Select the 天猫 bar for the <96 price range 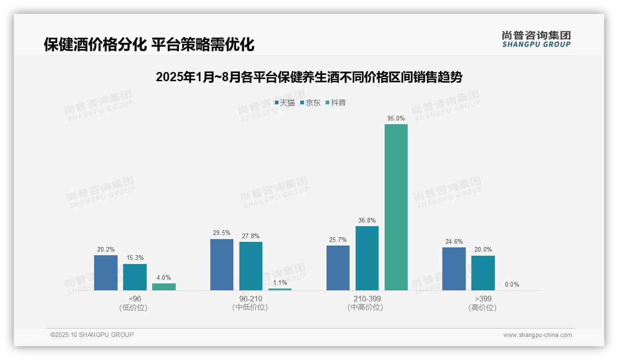coord(106,272)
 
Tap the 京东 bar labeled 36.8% coord(367,258)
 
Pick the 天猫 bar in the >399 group coord(454,269)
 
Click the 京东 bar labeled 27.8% coord(250,266)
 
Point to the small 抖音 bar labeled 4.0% coord(164,287)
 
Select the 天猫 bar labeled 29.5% coord(221,264)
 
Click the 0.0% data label coord(512,285)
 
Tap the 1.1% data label coord(280,282)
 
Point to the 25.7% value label coord(338,240)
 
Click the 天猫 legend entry coord(285,103)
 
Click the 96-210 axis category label coord(250,299)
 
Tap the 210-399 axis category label coord(367,299)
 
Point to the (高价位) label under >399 coord(482,308)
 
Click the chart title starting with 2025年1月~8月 coord(309,77)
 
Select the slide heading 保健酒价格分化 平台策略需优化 coord(149,45)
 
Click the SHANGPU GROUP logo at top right coord(536,39)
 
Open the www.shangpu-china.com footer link coord(537,335)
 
